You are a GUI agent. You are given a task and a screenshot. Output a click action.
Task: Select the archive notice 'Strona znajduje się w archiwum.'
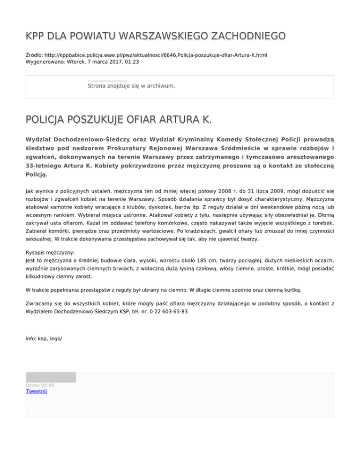131,86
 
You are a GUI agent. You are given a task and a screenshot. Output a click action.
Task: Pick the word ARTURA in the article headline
175,122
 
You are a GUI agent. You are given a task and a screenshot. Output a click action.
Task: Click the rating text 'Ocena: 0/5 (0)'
40,385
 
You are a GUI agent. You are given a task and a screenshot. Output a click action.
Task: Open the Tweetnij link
37,392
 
